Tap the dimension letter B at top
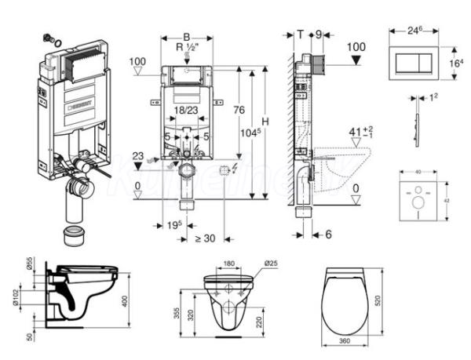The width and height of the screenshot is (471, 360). click(x=185, y=36)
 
